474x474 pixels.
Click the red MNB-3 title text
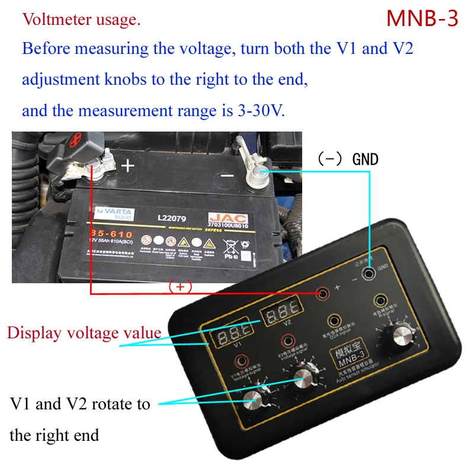pyautogui.click(x=422, y=19)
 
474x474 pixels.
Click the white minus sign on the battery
pyautogui.click(x=227, y=175)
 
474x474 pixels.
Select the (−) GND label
pyautogui.click(x=348, y=159)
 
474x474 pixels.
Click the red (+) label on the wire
pyautogui.click(x=181, y=287)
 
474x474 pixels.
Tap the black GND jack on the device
pyautogui.click(x=370, y=274)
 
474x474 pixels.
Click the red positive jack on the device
pyautogui.click(x=323, y=293)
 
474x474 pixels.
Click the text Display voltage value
pyautogui.click(x=84, y=332)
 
